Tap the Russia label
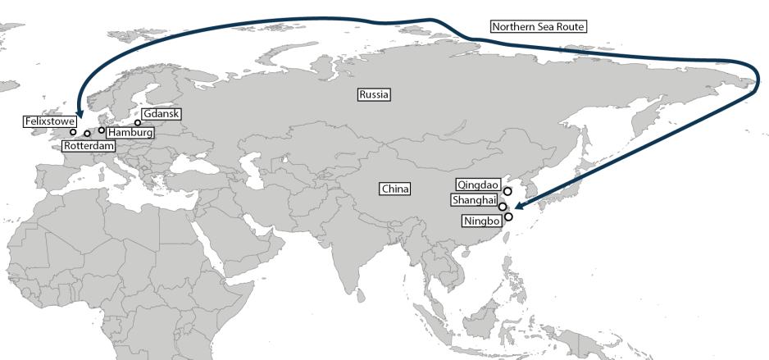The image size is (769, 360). coord(374,94)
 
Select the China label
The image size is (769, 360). coord(394,189)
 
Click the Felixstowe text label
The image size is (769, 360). coord(50,121)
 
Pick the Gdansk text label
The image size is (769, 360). coord(162,114)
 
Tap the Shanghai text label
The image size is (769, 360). coord(474,201)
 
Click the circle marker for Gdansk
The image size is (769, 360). coord(138,123)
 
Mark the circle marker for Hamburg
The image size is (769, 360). coord(102,130)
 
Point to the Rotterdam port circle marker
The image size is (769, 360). coord(87,133)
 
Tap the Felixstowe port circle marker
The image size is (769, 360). coord(73,132)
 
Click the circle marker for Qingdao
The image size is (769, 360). coord(507,191)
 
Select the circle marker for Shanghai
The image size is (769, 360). coord(503,207)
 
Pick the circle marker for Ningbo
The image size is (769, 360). coord(509,217)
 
